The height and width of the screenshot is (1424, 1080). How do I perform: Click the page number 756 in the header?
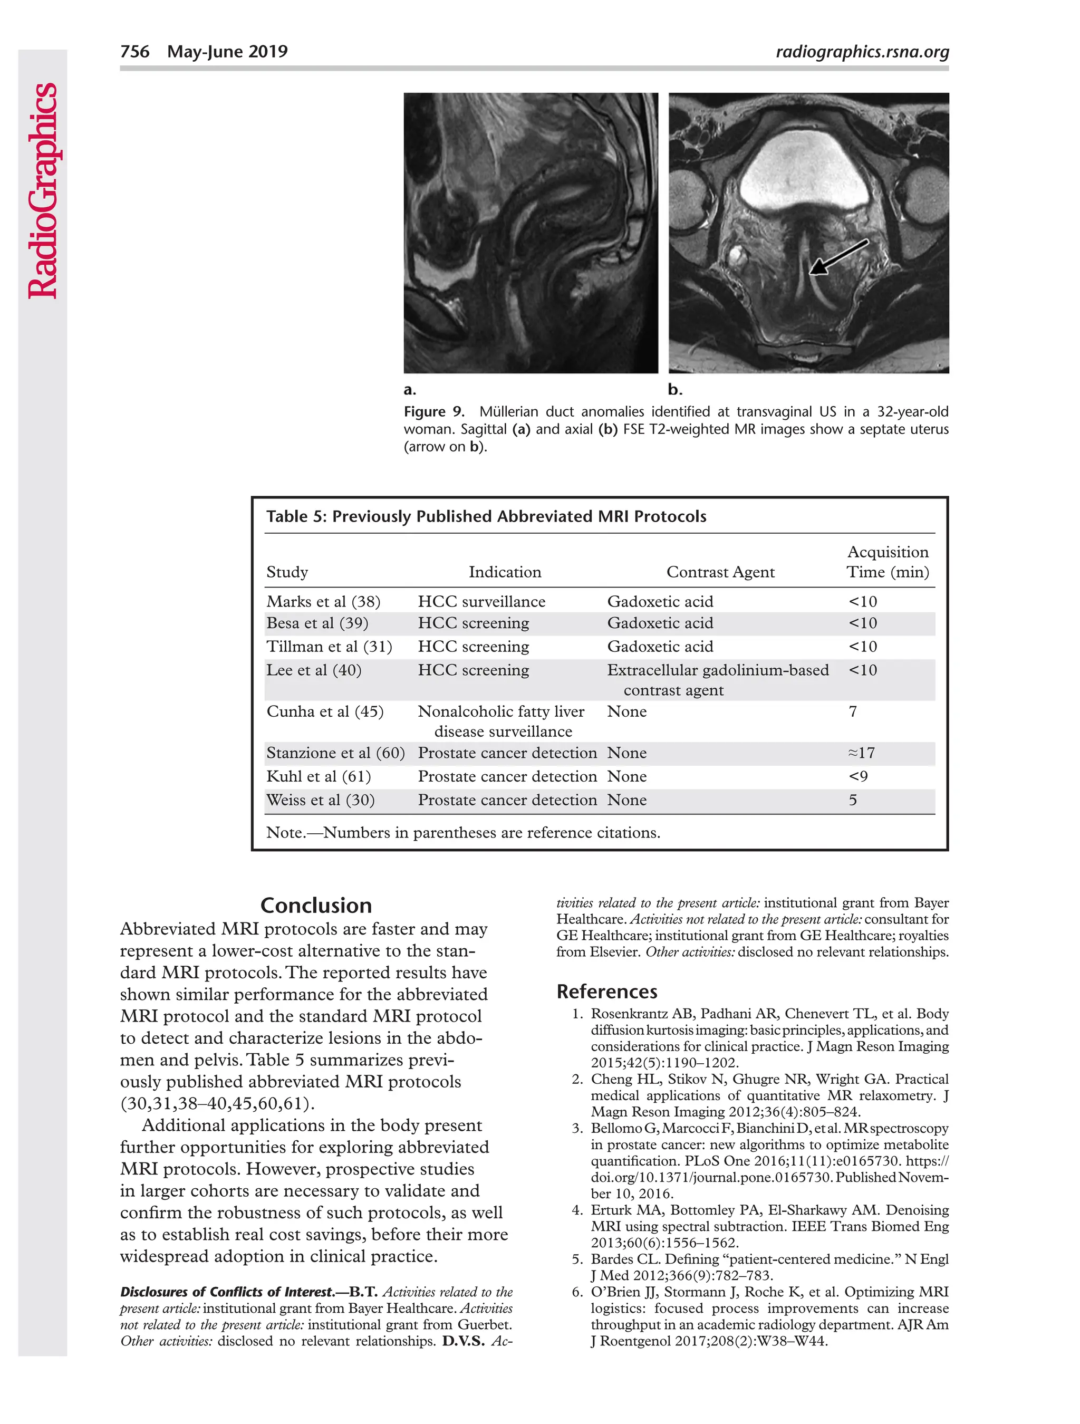click(134, 52)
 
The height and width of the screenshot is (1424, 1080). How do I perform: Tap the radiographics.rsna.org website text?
click(862, 52)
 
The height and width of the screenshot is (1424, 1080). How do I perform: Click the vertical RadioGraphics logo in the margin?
click(43, 190)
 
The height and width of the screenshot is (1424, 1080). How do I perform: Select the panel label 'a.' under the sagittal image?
click(409, 389)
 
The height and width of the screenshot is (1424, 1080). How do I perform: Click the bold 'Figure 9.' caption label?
click(434, 411)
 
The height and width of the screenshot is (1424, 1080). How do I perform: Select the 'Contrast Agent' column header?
click(720, 572)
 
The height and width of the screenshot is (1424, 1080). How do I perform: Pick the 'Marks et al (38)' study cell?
click(323, 601)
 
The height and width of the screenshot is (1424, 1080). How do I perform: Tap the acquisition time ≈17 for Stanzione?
click(861, 753)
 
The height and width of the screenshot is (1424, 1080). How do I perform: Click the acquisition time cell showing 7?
click(853, 711)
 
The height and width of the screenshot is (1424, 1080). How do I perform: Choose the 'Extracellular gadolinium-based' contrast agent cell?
click(717, 670)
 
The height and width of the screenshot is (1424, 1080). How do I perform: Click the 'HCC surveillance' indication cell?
click(481, 601)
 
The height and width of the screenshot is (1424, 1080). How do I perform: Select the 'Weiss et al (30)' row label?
click(320, 800)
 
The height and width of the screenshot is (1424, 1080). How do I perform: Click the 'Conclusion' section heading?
click(316, 905)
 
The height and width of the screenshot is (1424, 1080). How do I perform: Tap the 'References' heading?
click(606, 992)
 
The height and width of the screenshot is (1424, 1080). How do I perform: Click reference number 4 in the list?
click(577, 1210)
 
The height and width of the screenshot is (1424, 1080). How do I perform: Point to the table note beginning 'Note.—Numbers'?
click(463, 832)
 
